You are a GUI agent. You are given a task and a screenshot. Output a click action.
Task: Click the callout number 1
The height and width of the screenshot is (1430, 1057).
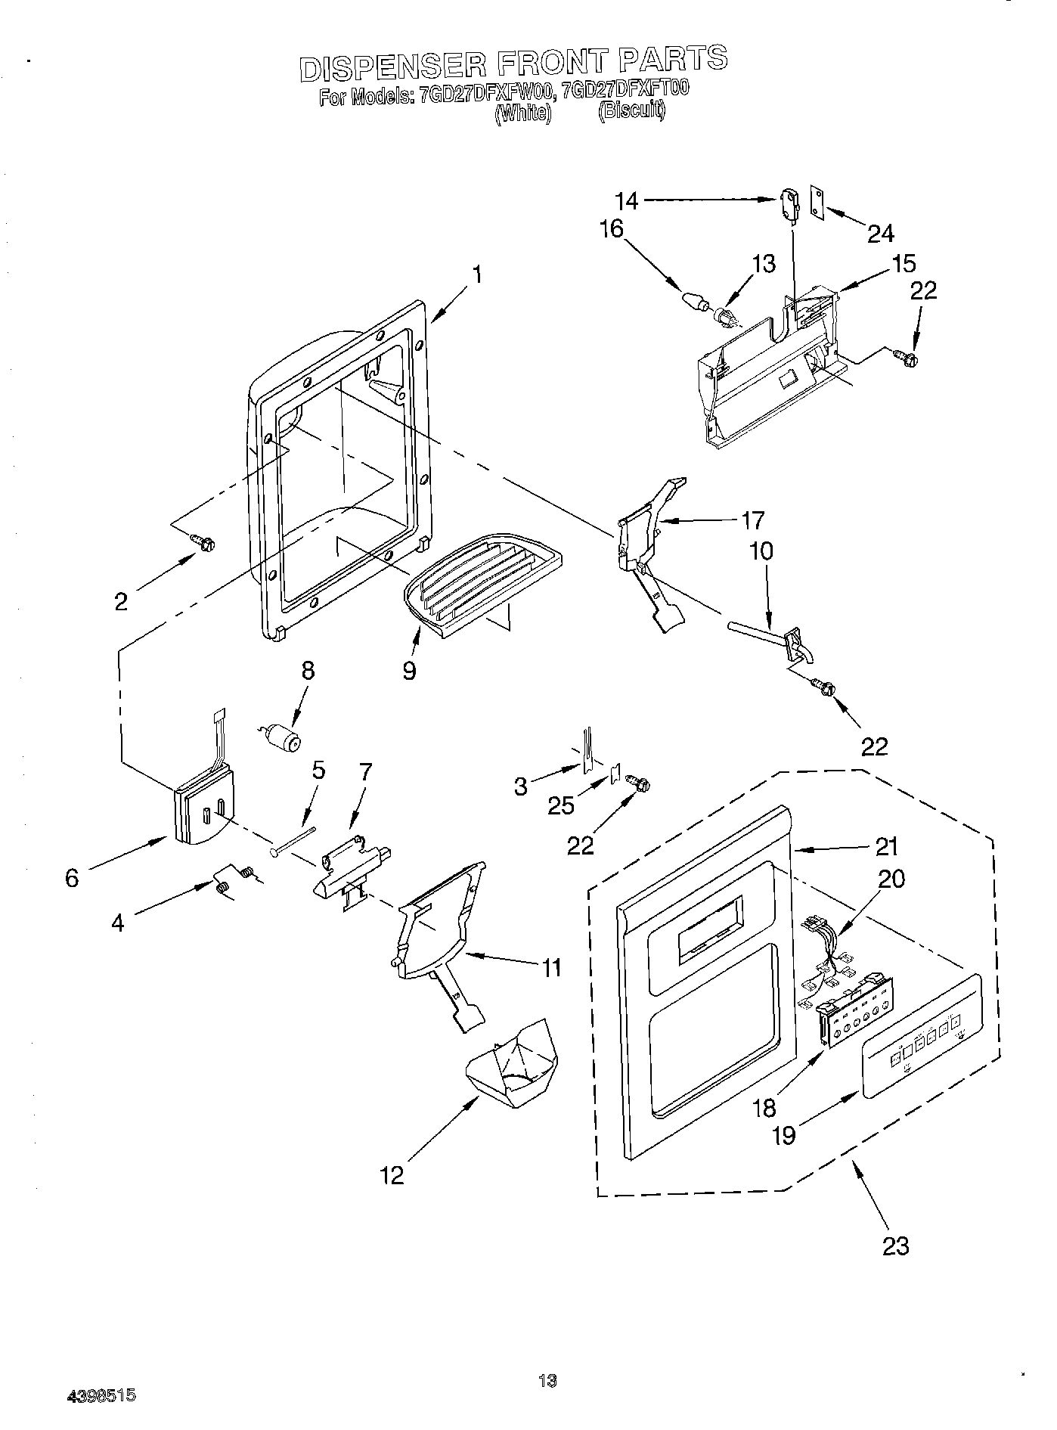[477, 274]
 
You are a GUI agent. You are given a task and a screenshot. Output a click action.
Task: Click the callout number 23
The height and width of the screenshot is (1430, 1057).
[895, 1245]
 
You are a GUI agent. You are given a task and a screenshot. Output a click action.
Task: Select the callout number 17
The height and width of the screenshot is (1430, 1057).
[752, 520]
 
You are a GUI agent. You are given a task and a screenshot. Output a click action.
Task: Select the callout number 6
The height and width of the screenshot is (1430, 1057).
[72, 878]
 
